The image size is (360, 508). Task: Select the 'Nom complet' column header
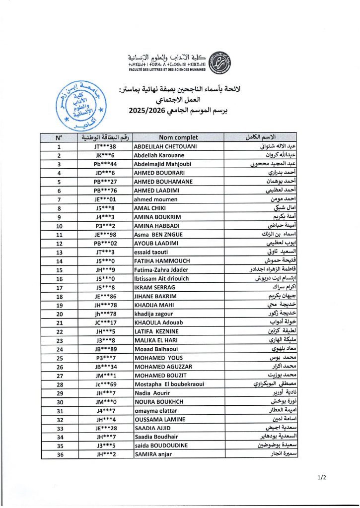point(179,137)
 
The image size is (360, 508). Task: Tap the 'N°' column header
point(60,137)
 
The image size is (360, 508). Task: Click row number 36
point(60,454)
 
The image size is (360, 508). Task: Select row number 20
point(60,314)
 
